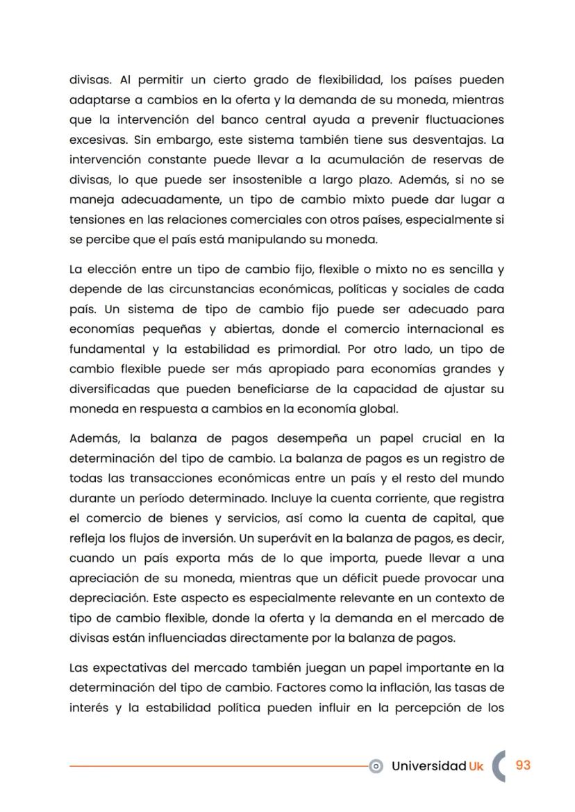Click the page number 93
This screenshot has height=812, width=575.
[x=523, y=765]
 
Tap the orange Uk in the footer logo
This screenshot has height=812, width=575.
[x=476, y=765]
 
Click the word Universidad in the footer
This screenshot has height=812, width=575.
[x=428, y=765]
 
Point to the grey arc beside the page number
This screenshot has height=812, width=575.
[x=498, y=765]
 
